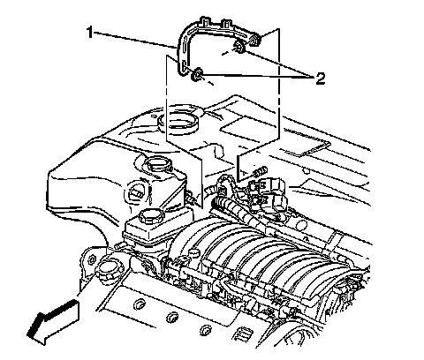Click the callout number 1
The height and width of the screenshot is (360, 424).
coord(90,33)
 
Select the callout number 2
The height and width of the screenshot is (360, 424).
coord(321,79)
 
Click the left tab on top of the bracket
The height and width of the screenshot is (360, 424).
coord(204,22)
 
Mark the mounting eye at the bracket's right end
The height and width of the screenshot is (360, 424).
coord(254,41)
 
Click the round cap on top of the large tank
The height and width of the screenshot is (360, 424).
coord(159,166)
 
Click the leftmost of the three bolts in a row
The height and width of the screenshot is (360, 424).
coord(139,304)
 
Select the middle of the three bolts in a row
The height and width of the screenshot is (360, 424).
coord(171,318)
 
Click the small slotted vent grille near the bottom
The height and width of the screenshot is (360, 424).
coord(245,334)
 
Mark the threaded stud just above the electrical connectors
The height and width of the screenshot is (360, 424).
coord(260,171)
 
